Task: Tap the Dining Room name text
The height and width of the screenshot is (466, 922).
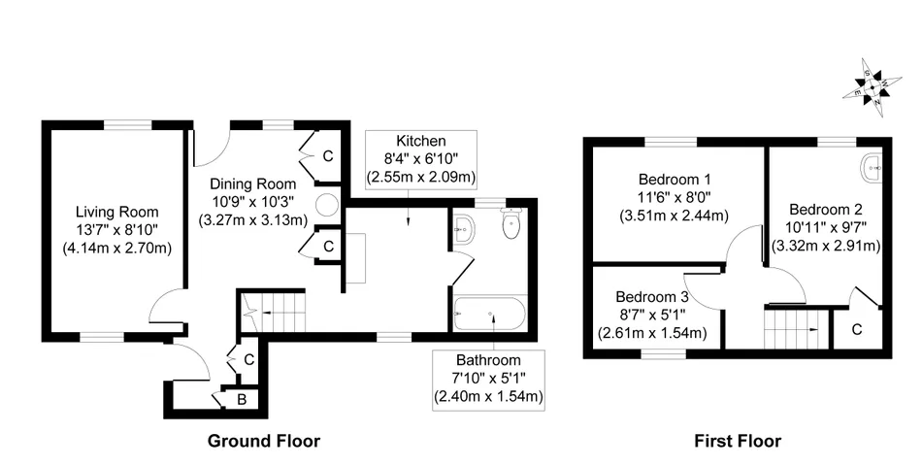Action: click(253, 184)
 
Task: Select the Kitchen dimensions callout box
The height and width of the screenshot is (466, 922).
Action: click(421, 159)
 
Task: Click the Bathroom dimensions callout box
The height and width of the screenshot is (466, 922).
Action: click(488, 379)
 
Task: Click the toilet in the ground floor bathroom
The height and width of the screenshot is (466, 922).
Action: click(510, 224)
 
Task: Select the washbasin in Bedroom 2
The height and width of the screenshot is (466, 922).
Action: click(871, 168)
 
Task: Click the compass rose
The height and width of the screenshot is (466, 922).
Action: click(873, 88)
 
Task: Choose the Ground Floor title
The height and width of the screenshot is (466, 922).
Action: click(264, 441)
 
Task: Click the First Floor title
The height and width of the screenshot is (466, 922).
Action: click(738, 441)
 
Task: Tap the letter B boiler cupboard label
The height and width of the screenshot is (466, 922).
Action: click(242, 400)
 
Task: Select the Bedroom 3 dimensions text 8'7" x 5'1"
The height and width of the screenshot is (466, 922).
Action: click(651, 315)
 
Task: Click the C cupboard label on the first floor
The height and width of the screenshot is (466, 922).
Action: click(857, 329)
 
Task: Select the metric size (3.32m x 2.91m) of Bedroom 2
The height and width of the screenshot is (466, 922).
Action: click(826, 246)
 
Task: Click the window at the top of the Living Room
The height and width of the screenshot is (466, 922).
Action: click(128, 124)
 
